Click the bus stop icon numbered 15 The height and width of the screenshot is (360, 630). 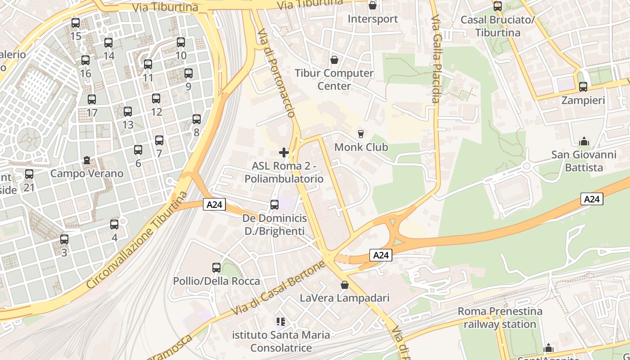pos(76,22)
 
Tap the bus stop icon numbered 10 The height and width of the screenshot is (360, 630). pos(181,42)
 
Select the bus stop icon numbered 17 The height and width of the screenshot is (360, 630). pos(92,99)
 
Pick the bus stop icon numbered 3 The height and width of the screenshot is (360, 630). pos(64,239)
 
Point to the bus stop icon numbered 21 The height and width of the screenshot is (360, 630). pos(29,174)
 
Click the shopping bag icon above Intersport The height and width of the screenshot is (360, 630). pos(373,6)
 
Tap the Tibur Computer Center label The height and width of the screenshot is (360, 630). pos(334,79)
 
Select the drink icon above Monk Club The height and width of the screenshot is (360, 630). pos(360,134)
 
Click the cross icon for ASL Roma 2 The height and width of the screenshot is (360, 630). pos(284,153)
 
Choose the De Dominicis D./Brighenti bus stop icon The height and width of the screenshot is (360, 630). pos(274,205)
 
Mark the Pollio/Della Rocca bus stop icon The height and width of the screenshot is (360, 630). pos(216,268)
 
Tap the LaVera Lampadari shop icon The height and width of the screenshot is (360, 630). pos(345,285)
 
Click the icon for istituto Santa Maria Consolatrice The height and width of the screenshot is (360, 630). pos(281,322)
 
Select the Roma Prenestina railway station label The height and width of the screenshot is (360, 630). pos(500,318)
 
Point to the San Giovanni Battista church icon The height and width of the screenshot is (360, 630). pos(584,141)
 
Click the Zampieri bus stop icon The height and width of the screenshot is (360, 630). pos(583,87)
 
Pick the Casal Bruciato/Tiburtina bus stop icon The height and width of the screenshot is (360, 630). pos(498,6)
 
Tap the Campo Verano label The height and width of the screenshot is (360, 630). pos(87,173)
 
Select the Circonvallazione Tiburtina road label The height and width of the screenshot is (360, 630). pos(137,241)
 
